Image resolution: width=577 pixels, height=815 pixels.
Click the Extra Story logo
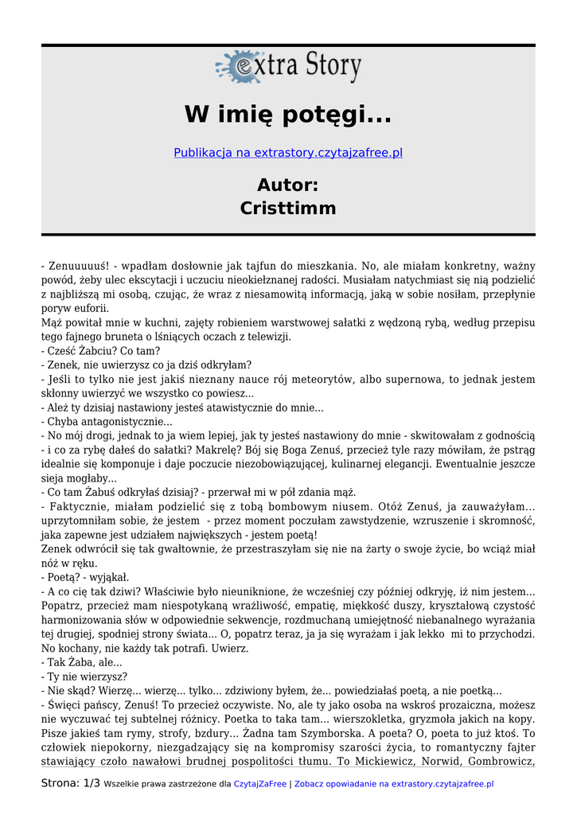[x=288, y=67]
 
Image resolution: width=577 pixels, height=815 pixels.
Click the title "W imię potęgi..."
[x=288, y=115]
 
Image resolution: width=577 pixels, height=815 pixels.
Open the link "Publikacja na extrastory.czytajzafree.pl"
[x=288, y=152]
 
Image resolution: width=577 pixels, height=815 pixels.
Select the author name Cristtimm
[x=288, y=209]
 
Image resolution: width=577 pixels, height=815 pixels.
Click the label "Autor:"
[x=288, y=185]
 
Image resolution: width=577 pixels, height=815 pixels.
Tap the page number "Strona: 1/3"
[x=71, y=783]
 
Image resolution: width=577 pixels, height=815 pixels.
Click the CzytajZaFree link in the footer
[x=259, y=784]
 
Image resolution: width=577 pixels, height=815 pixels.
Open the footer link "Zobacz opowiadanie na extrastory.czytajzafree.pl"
[x=394, y=784]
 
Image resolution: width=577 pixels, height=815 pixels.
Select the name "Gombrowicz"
[x=501, y=762]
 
